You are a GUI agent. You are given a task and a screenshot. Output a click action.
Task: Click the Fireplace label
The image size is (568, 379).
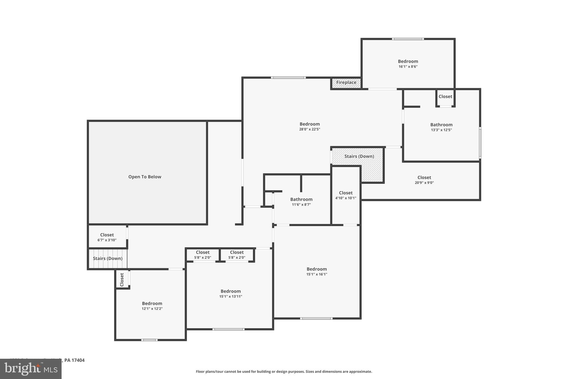(346, 82)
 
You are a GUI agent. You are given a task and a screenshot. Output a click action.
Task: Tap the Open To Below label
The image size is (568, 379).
(144, 177)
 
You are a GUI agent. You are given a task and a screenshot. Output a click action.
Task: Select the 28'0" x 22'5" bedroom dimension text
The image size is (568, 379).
(310, 129)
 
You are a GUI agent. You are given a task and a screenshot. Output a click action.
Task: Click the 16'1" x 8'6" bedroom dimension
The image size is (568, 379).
(408, 67)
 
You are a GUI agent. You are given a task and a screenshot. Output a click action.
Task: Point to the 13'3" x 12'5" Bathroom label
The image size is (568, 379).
(441, 125)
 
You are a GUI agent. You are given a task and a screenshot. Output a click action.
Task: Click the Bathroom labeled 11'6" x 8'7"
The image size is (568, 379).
(301, 200)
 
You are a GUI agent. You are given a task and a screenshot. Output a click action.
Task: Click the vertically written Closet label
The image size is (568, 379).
(122, 280)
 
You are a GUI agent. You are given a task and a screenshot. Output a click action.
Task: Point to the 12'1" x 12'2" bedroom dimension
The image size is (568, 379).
(152, 309)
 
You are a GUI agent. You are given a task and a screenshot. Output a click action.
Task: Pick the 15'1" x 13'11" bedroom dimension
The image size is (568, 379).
(230, 297)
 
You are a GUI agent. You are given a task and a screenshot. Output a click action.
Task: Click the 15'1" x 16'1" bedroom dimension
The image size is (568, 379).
(317, 274)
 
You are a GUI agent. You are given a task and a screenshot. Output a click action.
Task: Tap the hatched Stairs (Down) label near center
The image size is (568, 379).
(359, 156)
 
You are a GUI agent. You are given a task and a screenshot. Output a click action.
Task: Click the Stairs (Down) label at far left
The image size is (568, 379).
(108, 258)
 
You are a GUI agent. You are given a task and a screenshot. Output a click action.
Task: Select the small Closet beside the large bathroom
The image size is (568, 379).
(445, 97)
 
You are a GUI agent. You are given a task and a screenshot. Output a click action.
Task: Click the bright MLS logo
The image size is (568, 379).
(31, 369)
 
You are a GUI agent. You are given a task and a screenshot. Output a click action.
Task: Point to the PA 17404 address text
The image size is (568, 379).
(74, 360)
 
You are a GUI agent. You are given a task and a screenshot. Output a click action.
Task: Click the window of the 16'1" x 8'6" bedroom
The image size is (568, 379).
(408, 39)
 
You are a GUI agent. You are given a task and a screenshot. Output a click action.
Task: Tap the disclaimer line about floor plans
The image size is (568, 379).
(284, 372)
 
